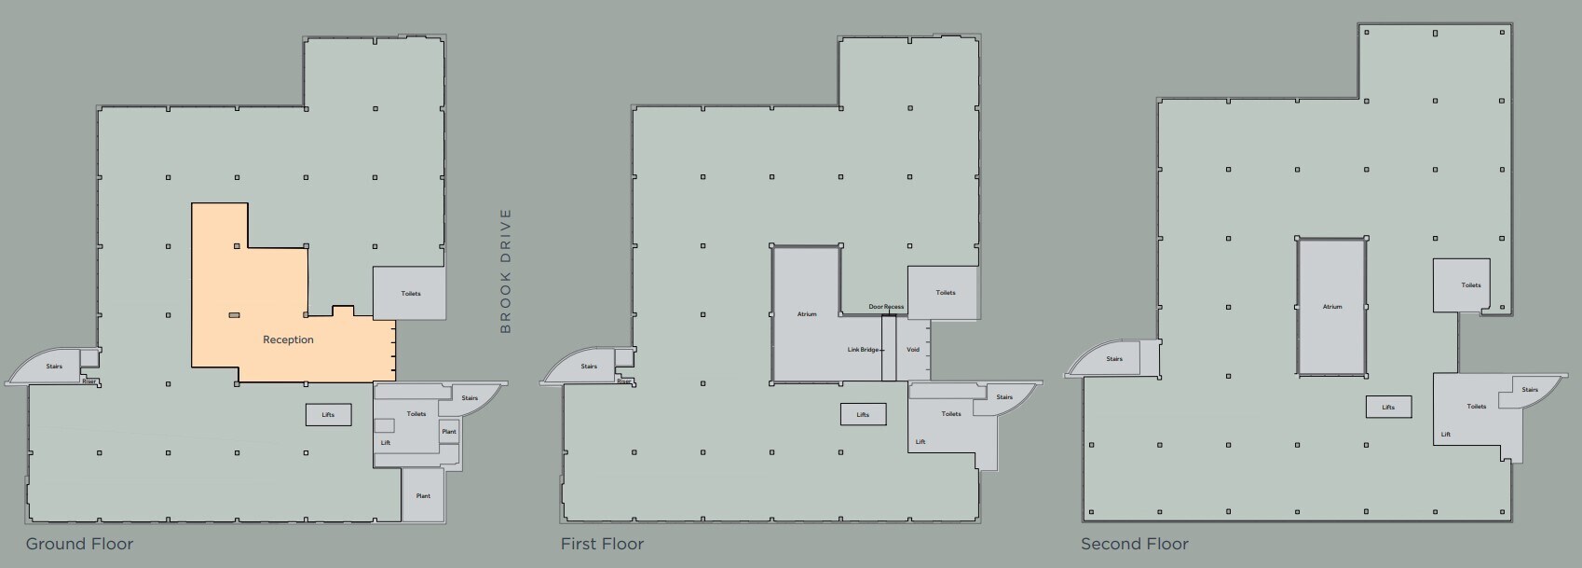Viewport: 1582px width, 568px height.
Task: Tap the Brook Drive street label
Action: (505, 270)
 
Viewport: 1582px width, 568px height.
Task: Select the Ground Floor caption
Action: (80, 544)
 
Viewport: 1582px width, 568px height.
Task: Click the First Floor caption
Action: (603, 544)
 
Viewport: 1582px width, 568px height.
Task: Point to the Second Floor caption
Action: (1135, 544)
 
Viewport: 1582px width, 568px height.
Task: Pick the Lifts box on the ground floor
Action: (328, 414)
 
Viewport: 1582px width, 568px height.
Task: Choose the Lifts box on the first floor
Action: (863, 414)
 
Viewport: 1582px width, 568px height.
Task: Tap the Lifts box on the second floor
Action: (1388, 407)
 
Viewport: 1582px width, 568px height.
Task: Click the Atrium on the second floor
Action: (1332, 307)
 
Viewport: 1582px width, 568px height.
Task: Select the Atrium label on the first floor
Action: (807, 314)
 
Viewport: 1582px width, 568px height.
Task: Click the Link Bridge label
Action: (863, 350)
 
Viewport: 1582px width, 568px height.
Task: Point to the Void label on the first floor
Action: (913, 350)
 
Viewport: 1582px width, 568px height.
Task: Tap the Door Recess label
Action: (886, 307)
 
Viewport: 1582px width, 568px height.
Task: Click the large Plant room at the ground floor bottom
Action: (423, 495)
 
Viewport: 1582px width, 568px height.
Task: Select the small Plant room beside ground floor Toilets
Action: (449, 432)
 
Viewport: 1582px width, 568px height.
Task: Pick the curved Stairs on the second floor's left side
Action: (1114, 359)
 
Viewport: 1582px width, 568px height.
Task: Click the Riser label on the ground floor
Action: (89, 381)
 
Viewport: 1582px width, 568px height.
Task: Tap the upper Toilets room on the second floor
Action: (1461, 285)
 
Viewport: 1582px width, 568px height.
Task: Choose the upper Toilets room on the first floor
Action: (943, 292)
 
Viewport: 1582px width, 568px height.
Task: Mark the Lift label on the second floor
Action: (1446, 435)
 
